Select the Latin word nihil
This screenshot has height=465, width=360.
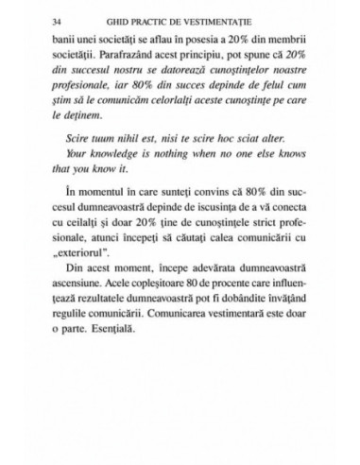click(129, 170)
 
